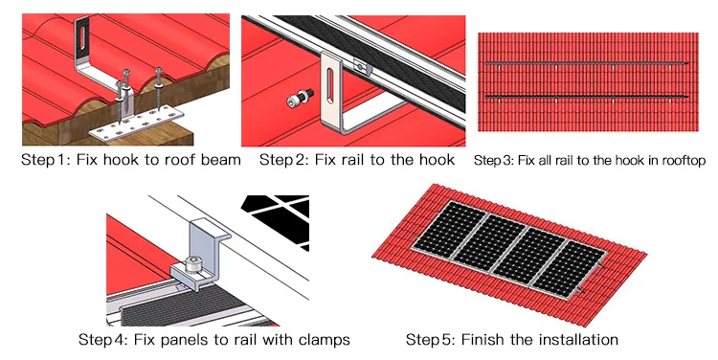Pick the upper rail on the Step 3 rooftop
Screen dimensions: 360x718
tap(584, 63)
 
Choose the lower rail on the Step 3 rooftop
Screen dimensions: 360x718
tap(584, 98)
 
